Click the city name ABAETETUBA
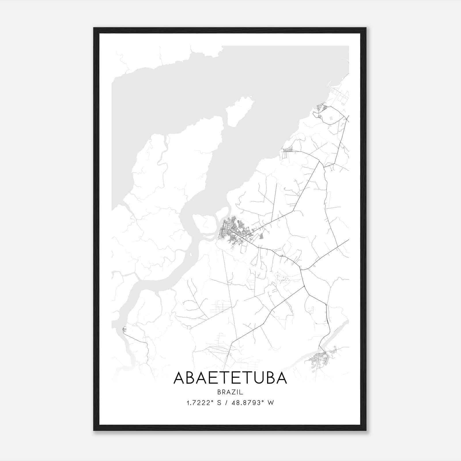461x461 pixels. pos(230,378)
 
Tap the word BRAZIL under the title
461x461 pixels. pos(230,392)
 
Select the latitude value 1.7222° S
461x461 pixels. pos(204,403)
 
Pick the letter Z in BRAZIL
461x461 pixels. pos(234,392)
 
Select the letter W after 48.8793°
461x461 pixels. pos(270,403)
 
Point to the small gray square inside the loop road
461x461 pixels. pos(330,118)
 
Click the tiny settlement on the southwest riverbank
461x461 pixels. pos(125,329)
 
